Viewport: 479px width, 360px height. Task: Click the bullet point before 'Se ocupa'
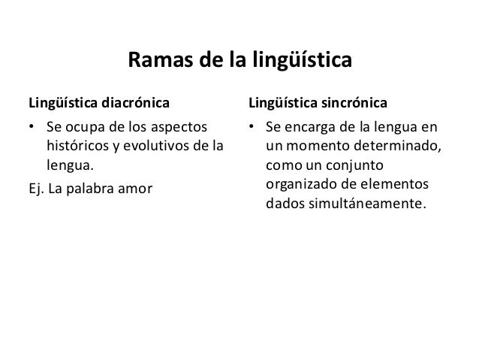pos(32,124)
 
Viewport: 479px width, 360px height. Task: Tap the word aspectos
pos(180,124)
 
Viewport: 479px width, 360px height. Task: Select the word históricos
pos(77,143)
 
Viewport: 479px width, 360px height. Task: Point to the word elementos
pos(396,183)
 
